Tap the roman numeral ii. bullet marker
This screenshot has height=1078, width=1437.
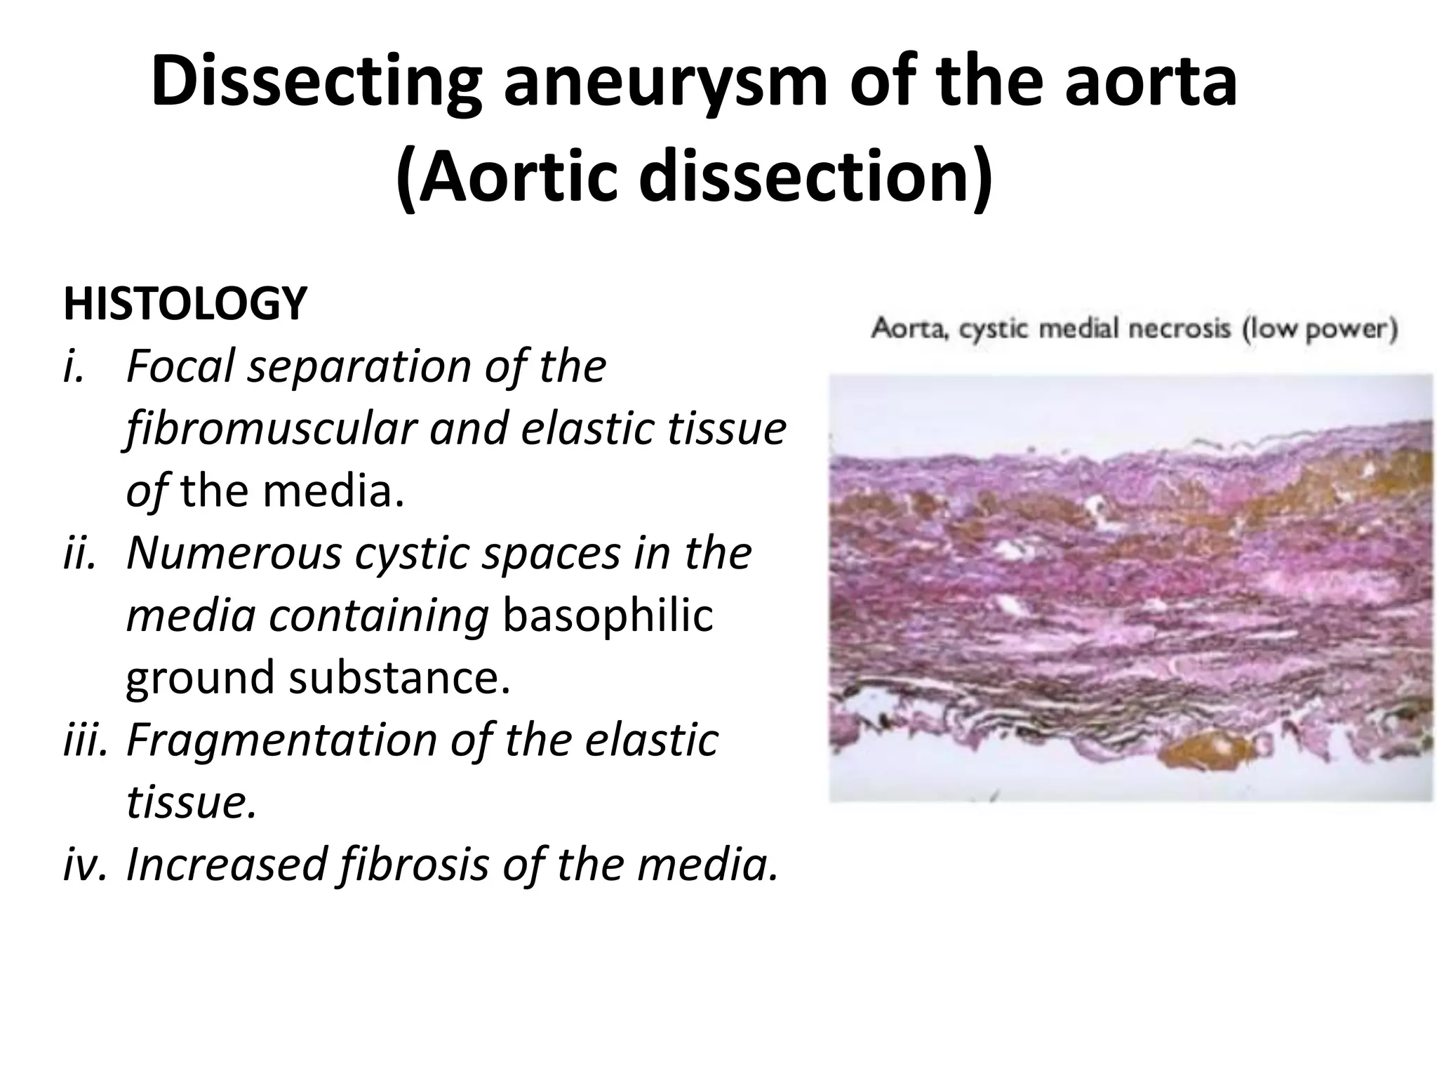pyautogui.click(x=79, y=553)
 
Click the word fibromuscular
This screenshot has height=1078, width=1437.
pyautogui.click(x=271, y=429)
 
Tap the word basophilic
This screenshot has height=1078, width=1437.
pyautogui.click(x=608, y=615)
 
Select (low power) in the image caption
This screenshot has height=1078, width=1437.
pyautogui.click(x=1320, y=328)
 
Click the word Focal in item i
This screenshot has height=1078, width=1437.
pyautogui.click(x=180, y=366)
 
